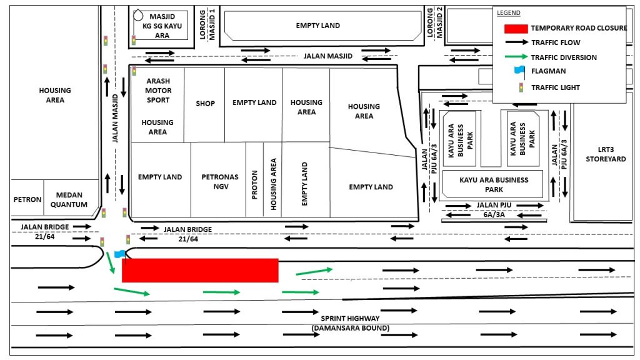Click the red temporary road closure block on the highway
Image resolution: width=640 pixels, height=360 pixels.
click(x=200, y=270)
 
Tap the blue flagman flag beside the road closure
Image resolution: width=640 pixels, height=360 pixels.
click(x=120, y=254)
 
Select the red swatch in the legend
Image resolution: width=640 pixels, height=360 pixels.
click(x=516, y=29)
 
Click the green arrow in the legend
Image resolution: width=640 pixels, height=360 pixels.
click(x=516, y=57)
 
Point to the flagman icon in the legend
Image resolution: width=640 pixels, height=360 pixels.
click(x=519, y=71)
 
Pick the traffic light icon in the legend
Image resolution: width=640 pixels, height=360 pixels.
click(x=521, y=87)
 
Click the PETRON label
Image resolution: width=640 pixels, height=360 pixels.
click(x=27, y=199)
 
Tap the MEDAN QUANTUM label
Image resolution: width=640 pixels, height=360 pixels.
click(x=69, y=199)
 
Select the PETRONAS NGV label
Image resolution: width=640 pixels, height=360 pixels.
click(x=220, y=182)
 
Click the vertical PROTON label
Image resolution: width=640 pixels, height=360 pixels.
click(x=254, y=184)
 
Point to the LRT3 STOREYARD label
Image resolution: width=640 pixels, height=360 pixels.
click(x=606, y=154)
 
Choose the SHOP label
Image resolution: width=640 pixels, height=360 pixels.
click(x=205, y=104)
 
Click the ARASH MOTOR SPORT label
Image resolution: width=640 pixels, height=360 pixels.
click(x=158, y=91)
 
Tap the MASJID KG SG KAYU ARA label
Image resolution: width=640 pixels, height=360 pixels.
click(x=162, y=26)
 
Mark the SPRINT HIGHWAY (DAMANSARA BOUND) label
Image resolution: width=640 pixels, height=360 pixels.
click(x=351, y=323)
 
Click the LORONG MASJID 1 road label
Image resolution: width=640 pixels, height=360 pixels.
click(x=207, y=24)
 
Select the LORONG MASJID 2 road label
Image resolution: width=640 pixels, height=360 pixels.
click(x=434, y=22)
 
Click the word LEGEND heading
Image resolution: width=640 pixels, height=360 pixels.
click(x=509, y=12)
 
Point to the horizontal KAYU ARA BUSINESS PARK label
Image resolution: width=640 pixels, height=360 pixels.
click(x=494, y=184)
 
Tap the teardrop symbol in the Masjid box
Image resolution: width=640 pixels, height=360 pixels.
click(x=138, y=15)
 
